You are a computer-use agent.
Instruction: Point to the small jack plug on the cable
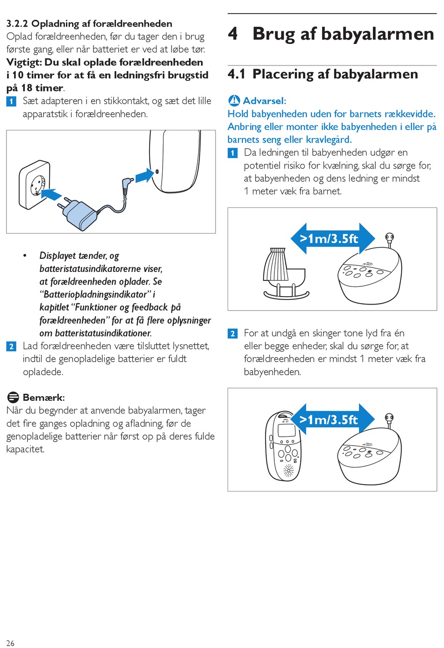[127, 185]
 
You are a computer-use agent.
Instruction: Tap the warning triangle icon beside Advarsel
[234, 100]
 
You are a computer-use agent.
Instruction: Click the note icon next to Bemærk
[13, 398]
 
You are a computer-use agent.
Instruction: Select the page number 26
[10, 643]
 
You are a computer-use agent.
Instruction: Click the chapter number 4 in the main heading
[233, 34]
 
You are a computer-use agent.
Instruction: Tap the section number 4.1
[236, 74]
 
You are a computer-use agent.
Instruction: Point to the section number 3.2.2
[17, 24]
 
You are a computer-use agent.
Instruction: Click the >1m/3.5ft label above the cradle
[329, 239]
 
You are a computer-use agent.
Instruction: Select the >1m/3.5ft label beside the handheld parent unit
[329, 420]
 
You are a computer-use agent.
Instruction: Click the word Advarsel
[264, 101]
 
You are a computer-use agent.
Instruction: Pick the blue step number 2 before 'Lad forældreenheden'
[11, 346]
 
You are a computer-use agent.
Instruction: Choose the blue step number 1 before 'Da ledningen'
[233, 153]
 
